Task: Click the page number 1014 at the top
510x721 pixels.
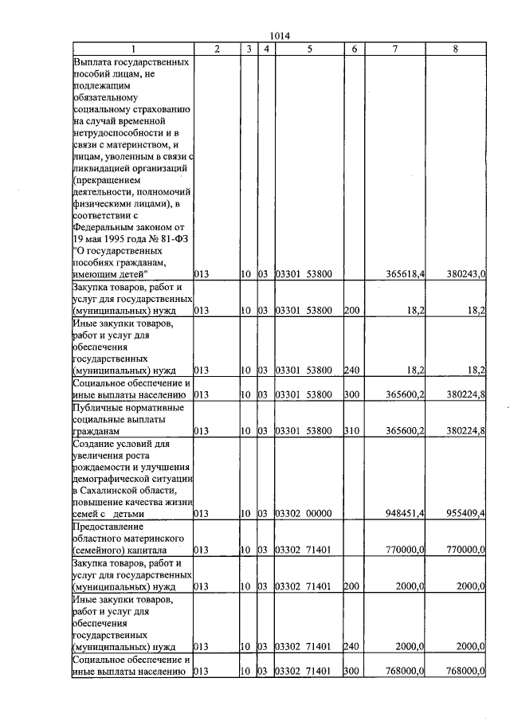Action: (x=280, y=36)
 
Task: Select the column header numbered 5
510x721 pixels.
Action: (x=309, y=49)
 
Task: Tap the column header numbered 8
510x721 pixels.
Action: (x=455, y=49)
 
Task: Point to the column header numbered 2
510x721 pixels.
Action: (x=217, y=49)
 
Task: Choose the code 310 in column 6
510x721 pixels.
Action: (x=351, y=430)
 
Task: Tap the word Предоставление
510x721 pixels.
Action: (x=108, y=527)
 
